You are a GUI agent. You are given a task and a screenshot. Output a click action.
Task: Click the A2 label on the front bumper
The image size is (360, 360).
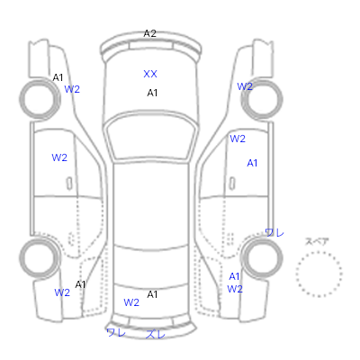coord(150,33)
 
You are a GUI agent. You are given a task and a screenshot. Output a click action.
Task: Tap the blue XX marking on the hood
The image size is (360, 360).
coord(150,74)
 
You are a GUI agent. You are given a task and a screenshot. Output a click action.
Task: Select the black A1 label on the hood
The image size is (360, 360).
coord(152,93)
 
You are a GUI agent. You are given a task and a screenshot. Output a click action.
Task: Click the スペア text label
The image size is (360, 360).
coord(317,241)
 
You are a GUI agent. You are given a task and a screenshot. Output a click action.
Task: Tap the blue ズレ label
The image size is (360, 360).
coord(156,334)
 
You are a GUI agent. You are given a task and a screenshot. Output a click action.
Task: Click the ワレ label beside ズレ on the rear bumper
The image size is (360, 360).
coord(116,332)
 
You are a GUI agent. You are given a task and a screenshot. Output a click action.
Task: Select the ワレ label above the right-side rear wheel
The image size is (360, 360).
coord(274,232)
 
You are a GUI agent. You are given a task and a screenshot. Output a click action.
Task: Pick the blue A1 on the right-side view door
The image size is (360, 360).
coord(252,163)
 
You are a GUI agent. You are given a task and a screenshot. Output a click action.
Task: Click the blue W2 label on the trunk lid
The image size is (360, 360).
coord(131,302)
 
